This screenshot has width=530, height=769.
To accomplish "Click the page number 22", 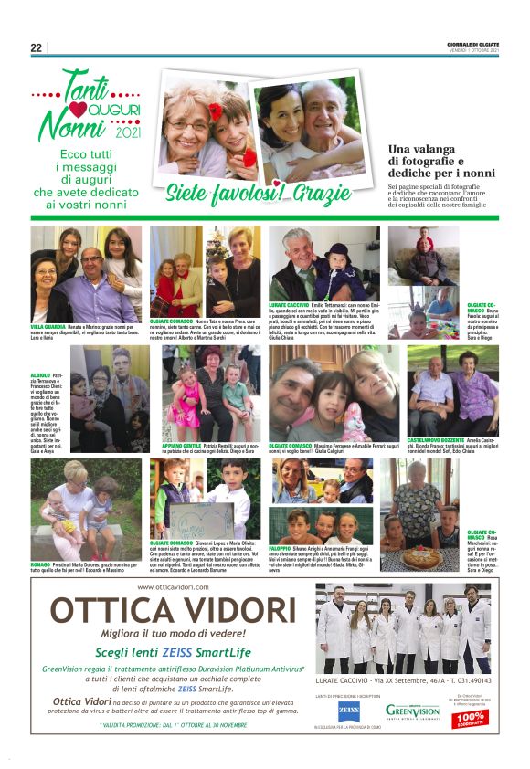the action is click(36, 47).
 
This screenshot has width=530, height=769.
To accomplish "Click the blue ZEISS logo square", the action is click(348, 711).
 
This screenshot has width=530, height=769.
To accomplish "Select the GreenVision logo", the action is click(413, 710).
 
